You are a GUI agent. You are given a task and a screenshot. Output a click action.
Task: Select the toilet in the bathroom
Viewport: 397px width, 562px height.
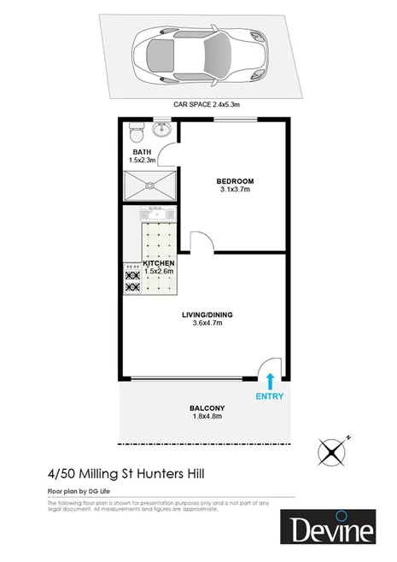click(134, 135)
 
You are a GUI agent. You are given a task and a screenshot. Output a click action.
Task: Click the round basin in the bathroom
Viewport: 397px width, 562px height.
click(161, 131)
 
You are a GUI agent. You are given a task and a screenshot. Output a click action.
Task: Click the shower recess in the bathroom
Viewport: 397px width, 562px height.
click(149, 185)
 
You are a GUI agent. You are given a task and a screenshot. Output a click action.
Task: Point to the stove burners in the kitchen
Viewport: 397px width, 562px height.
click(133, 279)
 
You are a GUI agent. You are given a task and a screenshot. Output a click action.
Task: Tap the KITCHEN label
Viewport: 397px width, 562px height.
click(159, 263)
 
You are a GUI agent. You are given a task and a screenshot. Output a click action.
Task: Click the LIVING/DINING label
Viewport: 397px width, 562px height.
click(207, 314)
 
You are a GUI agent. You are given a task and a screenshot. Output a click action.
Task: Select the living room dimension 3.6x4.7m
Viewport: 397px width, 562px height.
click(207, 323)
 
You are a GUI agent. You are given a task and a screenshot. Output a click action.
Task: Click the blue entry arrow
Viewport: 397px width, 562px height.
click(271, 381)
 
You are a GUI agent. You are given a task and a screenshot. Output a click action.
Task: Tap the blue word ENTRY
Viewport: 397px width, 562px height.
click(271, 397)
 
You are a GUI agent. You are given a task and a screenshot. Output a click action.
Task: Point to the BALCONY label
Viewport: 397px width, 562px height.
click(207, 407)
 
